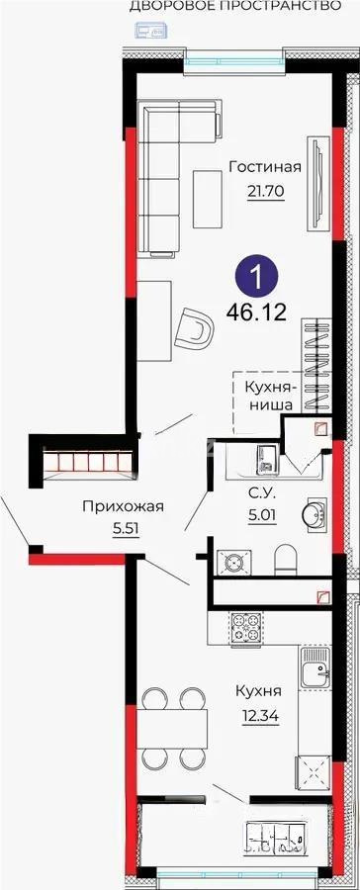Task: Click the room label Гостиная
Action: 264,167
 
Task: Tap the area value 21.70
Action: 264,189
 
